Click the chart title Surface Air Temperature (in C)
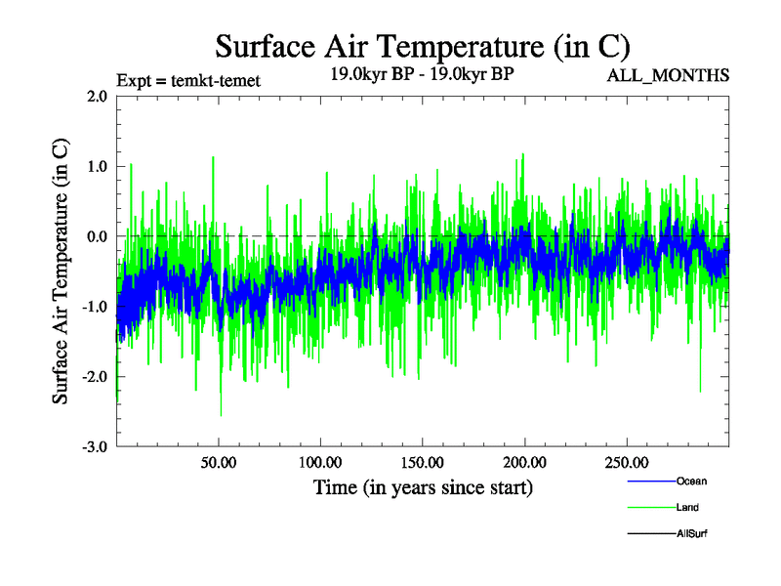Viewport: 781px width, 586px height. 422,46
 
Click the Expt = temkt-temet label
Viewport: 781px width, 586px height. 187,81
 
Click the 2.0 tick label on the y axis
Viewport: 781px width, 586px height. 97,97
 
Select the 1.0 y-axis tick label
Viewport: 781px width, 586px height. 97,166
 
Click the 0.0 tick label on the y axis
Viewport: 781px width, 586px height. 97,236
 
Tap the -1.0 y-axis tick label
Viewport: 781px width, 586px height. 95,307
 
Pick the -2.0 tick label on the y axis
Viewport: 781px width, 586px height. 95,377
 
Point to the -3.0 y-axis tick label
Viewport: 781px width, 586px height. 95,446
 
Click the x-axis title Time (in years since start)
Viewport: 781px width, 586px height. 423,486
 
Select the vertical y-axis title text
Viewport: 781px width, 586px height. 61,271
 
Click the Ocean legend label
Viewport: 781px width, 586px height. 691,481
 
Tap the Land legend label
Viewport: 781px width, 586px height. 687,507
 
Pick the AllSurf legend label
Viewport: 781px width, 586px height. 692,533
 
